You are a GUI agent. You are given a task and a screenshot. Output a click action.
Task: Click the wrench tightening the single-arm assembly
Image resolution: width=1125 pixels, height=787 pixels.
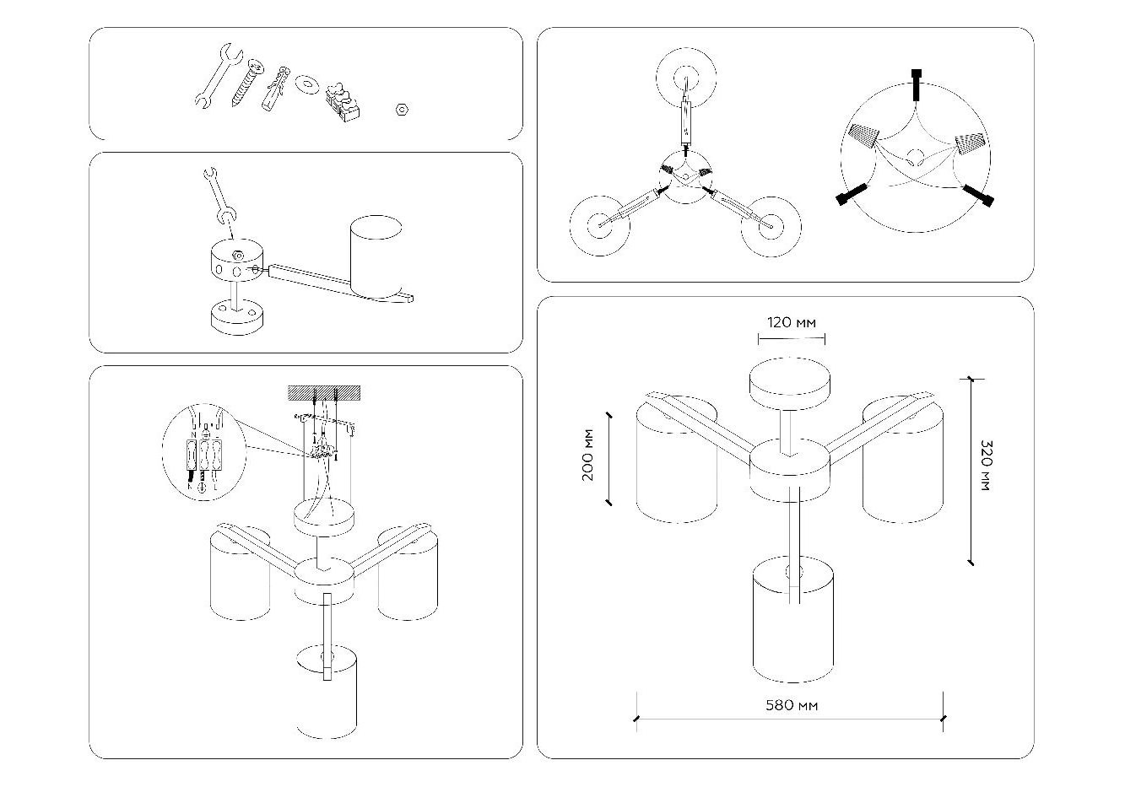pyautogui.click(x=217, y=197)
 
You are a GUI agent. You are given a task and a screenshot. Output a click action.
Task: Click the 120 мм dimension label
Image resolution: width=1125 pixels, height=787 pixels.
pyautogui.click(x=791, y=322)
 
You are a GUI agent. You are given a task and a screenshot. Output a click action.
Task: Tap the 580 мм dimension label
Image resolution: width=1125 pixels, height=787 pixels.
pyautogui.click(x=791, y=704)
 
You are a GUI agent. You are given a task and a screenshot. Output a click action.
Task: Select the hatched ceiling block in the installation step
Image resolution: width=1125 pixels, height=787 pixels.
pyautogui.click(x=324, y=393)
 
